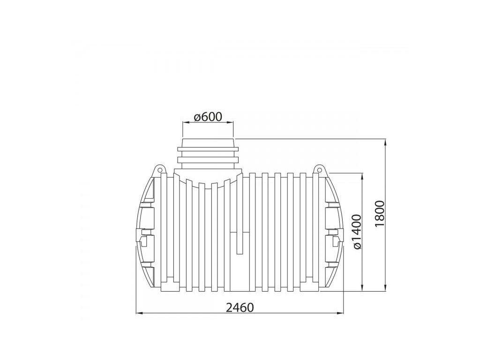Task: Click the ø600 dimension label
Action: tap(208, 117)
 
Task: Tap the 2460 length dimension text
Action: tap(240, 307)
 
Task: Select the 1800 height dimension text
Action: tap(379, 214)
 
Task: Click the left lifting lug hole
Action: tap(159, 169)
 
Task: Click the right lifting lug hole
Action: tap(319, 169)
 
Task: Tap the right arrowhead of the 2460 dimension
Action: tap(340, 313)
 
